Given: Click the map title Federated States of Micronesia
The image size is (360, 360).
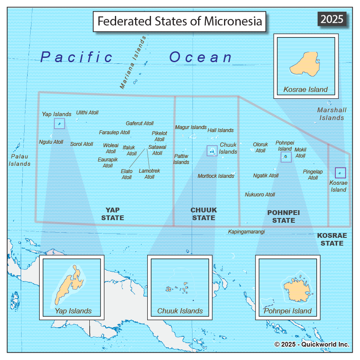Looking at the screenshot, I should [180, 21].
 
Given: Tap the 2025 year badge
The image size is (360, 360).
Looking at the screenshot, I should [332, 19].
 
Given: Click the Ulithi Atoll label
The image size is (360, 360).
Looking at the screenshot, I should [87, 113].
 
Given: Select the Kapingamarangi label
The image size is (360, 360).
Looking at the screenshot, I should [246, 232].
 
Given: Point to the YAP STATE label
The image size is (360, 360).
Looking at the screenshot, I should [113, 214].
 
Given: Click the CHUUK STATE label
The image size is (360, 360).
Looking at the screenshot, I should [204, 214].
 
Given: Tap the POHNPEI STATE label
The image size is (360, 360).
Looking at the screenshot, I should [284, 216].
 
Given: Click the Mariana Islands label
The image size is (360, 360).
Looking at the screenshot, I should [133, 63].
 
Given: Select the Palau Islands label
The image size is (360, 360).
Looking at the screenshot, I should [20, 160].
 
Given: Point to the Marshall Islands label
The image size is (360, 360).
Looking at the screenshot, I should [332, 114].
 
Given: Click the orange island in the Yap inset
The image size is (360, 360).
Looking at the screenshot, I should [71, 284].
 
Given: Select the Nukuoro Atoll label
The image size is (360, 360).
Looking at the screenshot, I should [260, 195].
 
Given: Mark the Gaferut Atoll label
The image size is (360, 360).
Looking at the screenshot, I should [139, 123].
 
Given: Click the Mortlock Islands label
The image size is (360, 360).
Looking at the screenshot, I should [216, 176].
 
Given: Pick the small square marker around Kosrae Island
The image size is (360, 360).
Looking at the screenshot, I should [340, 173].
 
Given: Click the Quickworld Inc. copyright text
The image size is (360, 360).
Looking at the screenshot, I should [312, 344].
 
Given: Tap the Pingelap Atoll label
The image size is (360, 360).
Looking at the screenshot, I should [313, 174].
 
